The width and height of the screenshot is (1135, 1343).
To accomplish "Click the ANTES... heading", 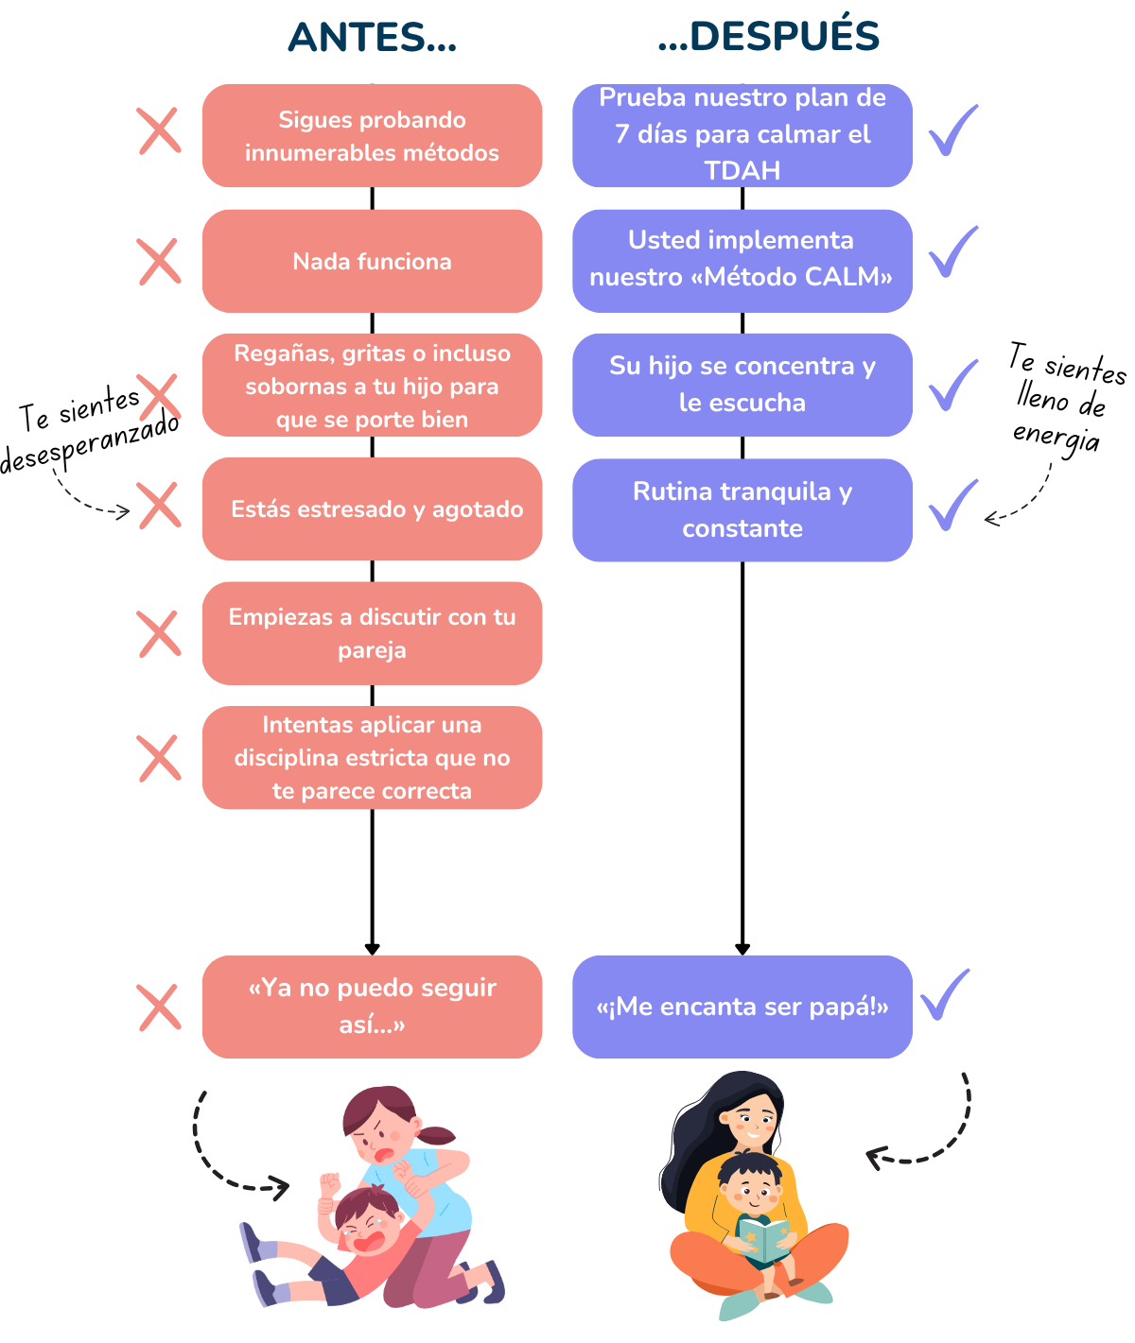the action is pyautogui.click(x=372, y=37).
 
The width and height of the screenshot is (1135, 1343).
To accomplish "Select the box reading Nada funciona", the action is pyautogui.click(x=372, y=261).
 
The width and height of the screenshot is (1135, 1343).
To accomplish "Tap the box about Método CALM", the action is pyautogui.click(x=742, y=261).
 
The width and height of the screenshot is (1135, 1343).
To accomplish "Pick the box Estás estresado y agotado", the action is pyautogui.click(x=372, y=508).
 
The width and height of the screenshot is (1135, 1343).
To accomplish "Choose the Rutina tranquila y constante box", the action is pyautogui.click(x=742, y=510).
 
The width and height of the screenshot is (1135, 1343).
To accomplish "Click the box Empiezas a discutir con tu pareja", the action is pyautogui.click(x=372, y=633).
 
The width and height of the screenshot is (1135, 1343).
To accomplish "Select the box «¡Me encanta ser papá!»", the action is pyautogui.click(x=742, y=1007).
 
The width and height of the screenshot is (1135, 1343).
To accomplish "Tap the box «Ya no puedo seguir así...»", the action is pyautogui.click(x=372, y=1007).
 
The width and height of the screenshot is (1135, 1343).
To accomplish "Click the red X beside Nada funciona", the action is pyautogui.click(x=160, y=261).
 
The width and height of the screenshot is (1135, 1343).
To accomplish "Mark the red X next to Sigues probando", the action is pyautogui.click(x=160, y=131).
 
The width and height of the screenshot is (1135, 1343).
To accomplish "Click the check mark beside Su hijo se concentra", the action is pyautogui.click(x=953, y=385).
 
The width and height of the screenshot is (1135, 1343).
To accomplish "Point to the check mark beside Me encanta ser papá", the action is pyautogui.click(x=945, y=994).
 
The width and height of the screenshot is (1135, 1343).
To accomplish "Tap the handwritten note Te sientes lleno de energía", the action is pyautogui.click(x=1068, y=399).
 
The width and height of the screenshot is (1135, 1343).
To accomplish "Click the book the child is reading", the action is pyautogui.click(x=763, y=1239).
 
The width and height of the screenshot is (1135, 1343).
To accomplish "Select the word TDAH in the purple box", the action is pyautogui.click(x=742, y=170).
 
